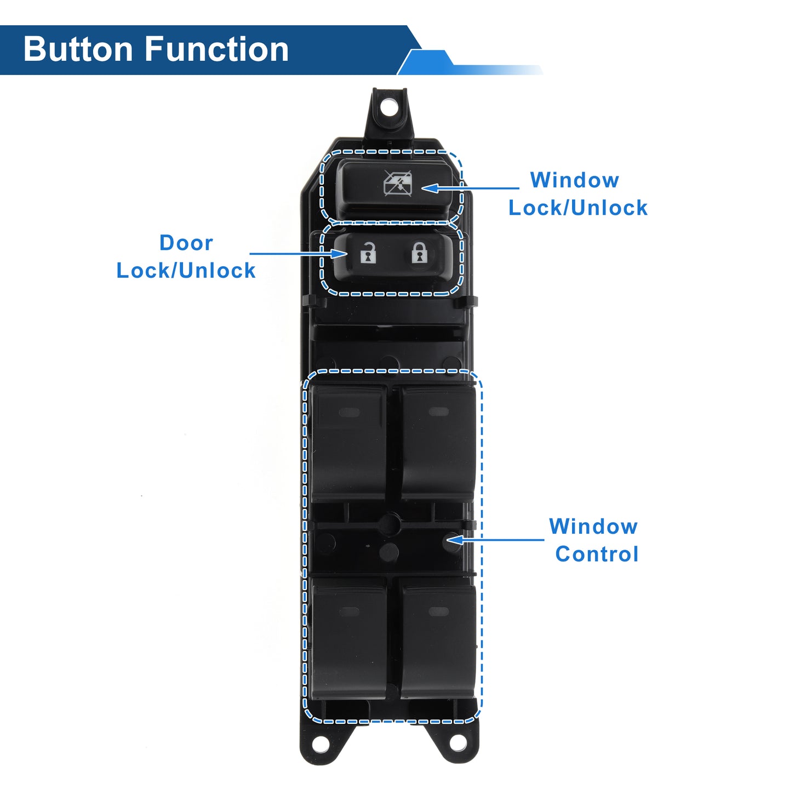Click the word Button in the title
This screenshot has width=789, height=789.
pyautogui.click(x=78, y=49)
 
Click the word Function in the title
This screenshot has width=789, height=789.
pyautogui.click(x=217, y=49)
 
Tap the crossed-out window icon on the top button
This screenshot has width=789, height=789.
pyautogui.click(x=397, y=183)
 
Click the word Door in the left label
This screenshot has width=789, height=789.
pyautogui.click(x=186, y=243)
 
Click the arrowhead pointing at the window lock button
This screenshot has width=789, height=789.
pyautogui.click(x=430, y=188)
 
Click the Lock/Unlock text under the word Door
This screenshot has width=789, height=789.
pyautogui.click(x=186, y=271)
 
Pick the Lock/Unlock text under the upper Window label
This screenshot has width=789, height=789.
pyautogui.click(x=578, y=208)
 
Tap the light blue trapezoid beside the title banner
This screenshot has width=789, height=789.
pyautogui.click(x=426, y=62)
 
